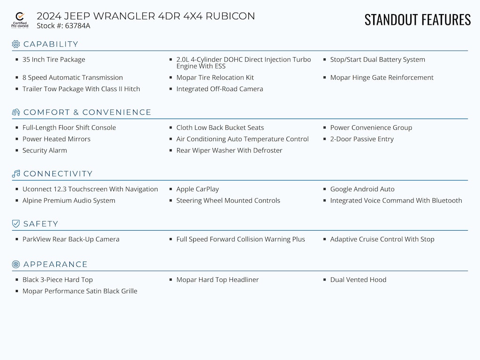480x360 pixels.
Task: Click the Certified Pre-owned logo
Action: [20, 20]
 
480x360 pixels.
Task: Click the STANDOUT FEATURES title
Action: [417, 20]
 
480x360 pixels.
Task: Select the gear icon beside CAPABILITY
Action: [16, 44]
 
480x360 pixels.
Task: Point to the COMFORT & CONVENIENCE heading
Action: [87, 112]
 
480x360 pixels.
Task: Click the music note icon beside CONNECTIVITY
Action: [16, 173]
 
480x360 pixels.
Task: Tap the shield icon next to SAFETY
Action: [16, 224]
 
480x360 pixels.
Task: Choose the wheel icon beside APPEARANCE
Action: [16, 264]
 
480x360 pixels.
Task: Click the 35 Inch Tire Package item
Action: [53, 60]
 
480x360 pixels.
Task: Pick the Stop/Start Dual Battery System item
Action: [377, 60]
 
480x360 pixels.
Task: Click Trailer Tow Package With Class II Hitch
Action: [81, 89]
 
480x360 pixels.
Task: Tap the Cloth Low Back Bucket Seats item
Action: [220, 127]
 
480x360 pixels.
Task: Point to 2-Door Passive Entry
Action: [361, 139]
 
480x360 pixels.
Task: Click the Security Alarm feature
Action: [45, 150]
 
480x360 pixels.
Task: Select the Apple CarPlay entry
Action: [197, 189]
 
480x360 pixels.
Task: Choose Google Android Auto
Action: [362, 189]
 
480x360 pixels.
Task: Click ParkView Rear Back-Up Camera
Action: [71, 239]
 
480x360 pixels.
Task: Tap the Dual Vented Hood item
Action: [358, 280]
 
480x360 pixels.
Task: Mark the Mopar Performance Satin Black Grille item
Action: [80, 291]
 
